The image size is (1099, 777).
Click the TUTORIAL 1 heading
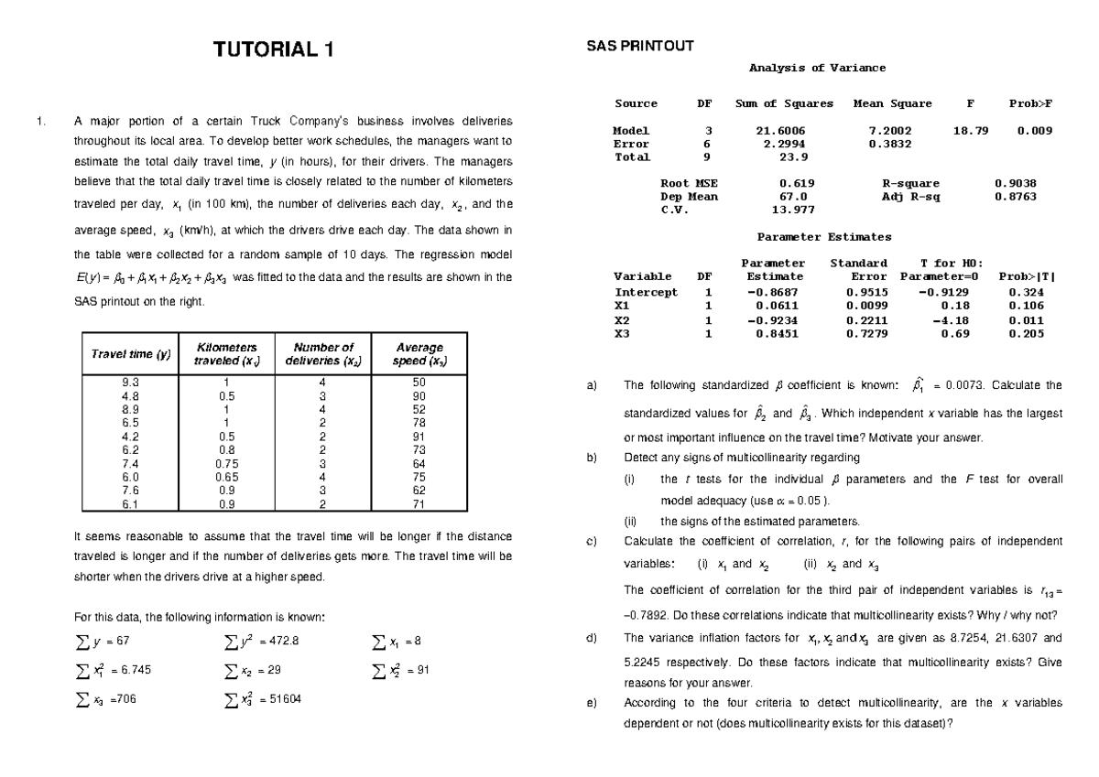pyautogui.click(x=274, y=50)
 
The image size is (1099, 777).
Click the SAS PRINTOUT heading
pyautogui.click(x=639, y=45)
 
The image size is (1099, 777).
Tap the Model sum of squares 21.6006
pyautogui.click(x=783, y=131)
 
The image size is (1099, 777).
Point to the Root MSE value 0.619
pyautogui.click(x=795, y=183)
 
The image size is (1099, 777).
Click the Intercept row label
pyautogui.click(x=646, y=293)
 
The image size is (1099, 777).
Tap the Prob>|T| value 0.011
pyautogui.click(x=1025, y=321)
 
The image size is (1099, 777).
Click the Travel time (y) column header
pyautogui.click(x=130, y=354)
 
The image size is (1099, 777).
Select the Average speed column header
pyautogui.click(x=419, y=354)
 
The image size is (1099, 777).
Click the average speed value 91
pyautogui.click(x=419, y=437)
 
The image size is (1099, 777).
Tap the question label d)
pyautogui.click(x=591, y=638)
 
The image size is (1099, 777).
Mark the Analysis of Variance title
pyautogui.click(x=817, y=68)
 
